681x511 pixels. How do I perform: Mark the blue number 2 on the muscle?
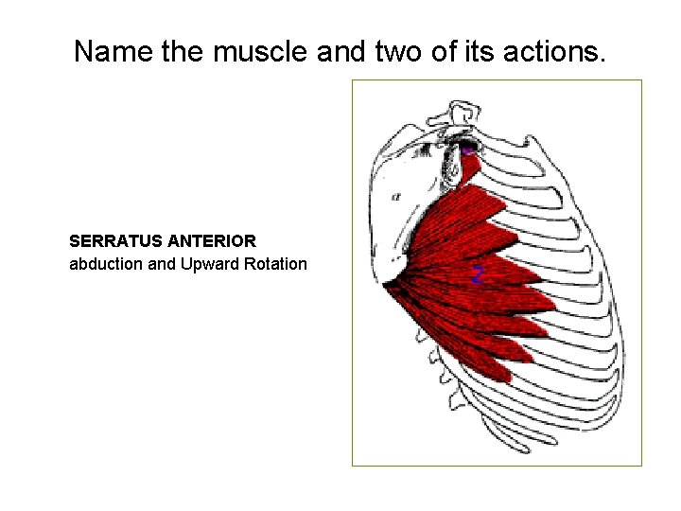478,275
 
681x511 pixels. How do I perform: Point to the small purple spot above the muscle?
467,150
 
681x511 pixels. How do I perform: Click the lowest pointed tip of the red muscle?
507,378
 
